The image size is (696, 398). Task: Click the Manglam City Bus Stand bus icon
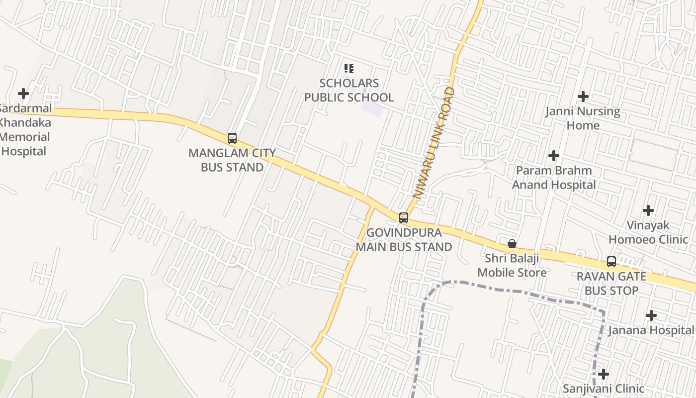click(232, 138)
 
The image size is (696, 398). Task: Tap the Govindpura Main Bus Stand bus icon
click(404, 218)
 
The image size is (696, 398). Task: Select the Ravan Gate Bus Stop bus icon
click(611, 262)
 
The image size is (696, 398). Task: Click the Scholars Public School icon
click(349, 69)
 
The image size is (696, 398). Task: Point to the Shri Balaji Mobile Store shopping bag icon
click(512, 244)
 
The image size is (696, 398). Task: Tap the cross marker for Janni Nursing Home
click(583, 97)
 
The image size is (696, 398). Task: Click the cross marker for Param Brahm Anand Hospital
click(554, 156)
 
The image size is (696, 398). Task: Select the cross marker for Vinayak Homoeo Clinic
click(648, 210)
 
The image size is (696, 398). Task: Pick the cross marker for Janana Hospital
click(651, 315)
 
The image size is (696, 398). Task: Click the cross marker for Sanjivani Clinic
click(604, 374)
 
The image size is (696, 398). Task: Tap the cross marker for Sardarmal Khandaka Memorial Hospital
click(23, 94)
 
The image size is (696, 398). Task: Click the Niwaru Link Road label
click(434, 143)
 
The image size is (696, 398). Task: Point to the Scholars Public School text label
click(349, 90)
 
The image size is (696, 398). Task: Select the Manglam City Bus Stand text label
click(232, 160)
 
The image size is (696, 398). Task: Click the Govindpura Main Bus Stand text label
click(404, 240)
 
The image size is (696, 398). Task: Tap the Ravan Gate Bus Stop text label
click(611, 284)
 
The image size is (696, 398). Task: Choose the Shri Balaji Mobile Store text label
click(512, 265)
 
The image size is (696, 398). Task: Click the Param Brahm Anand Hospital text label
click(554, 178)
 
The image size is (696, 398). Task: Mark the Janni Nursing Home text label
click(583, 118)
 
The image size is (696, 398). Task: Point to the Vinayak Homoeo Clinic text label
click(648, 232)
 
